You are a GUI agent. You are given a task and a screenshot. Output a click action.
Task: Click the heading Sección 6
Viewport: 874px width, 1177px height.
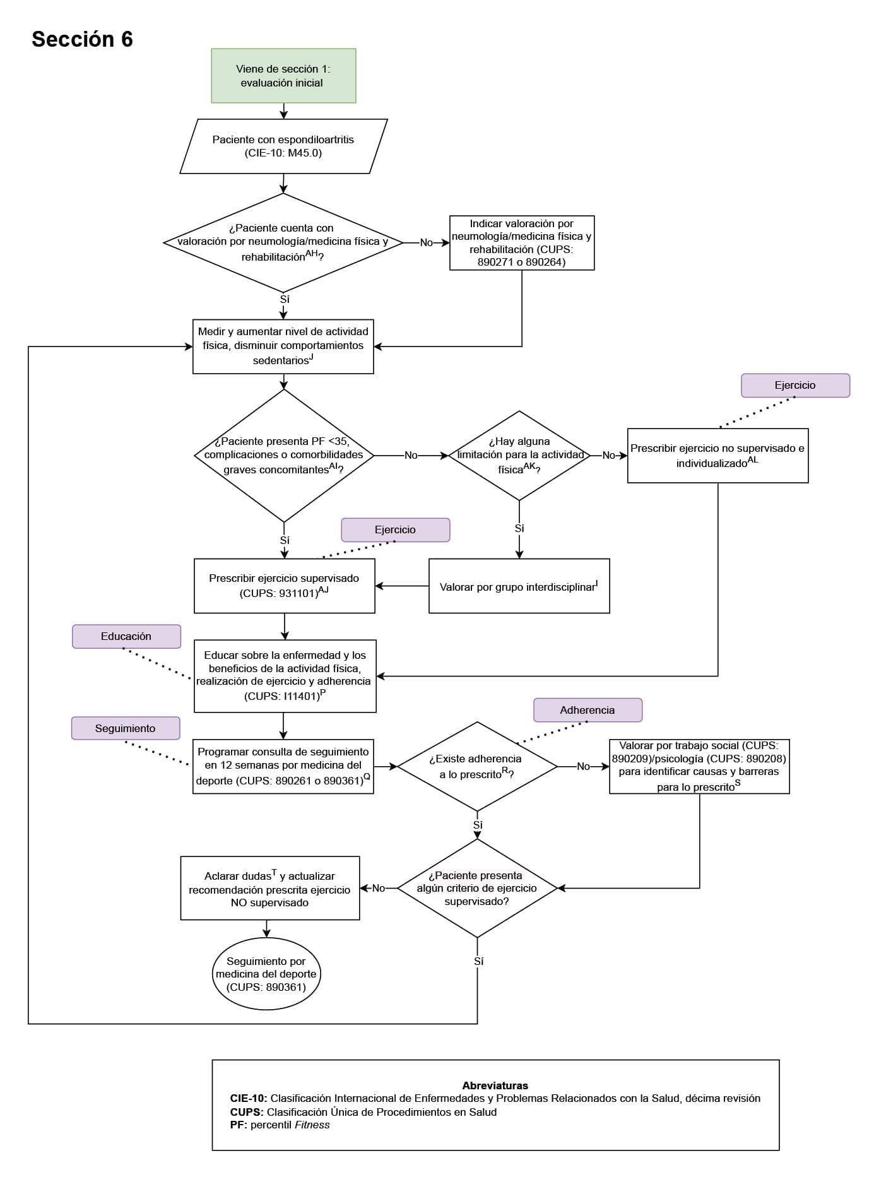click(x=82, y=39)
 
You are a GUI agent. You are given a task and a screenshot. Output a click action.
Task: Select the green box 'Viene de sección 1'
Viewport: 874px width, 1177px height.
click(x=283, y=76)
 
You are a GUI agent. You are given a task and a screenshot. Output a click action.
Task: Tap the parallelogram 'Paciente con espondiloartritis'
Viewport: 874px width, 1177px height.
click(x=283, y=146)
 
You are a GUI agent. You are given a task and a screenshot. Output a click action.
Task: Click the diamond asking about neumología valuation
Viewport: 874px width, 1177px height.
click(x=283, y=242)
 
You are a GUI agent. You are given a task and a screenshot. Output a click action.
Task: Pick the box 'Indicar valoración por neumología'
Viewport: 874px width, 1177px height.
click(x=521, y=243)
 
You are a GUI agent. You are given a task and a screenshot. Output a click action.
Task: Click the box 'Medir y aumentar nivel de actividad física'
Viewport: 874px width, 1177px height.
click(x=283, y=346)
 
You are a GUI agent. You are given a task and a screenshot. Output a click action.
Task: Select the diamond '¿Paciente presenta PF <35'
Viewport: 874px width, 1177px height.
click(x=284, y=455)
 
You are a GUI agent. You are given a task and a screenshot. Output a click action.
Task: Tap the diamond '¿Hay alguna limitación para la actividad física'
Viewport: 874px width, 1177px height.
click(x=519, y=455)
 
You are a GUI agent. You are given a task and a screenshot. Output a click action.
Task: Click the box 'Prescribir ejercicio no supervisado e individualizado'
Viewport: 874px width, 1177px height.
click(x=718, y=456)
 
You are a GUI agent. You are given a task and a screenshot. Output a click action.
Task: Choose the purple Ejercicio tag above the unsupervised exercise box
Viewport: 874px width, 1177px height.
click(x=795, y=385)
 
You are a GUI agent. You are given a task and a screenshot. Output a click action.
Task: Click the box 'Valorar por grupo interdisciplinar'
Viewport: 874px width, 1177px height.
click(x=519, y=586)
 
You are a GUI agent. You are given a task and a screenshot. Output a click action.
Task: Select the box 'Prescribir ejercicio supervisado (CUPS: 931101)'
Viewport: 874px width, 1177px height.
click(x=284, y=586)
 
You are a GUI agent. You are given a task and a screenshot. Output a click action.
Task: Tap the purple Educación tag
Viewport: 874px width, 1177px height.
click(x=126, y=636)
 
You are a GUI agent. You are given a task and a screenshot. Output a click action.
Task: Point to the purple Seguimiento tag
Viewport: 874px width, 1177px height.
click(x=125, y=728)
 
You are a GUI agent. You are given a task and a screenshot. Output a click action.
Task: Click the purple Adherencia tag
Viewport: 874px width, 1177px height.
click(x=588, y=710)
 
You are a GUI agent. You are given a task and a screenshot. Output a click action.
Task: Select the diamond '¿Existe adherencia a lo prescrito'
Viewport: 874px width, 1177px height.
click(x=477, y=766)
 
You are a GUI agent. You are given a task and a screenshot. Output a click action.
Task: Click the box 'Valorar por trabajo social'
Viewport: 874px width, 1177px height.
click(x=699, y=766)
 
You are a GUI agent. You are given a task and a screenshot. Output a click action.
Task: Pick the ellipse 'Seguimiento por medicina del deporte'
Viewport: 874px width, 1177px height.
click(x=266, y=974)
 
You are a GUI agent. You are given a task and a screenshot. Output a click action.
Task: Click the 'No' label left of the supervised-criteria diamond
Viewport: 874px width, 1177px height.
click(x=378, y=888)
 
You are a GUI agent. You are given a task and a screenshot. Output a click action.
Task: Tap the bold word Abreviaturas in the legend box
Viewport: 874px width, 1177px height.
click(x=495, y=1085)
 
